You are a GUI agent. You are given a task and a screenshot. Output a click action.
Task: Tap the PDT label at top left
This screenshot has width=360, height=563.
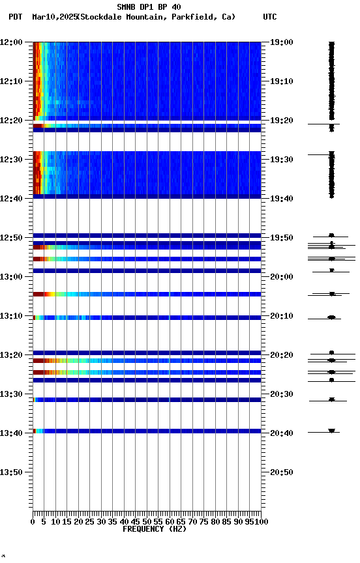pyautogui.click(x=16, y=17)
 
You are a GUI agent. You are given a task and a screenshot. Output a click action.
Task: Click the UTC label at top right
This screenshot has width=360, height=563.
pyautogui.click(x=270, y=17)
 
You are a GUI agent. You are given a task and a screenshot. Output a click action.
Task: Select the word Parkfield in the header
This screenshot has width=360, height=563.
pyautogui.click(x=194, y=17)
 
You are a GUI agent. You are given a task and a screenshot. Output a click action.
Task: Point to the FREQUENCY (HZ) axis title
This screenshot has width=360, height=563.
pyautogui.click(x=154, y=529)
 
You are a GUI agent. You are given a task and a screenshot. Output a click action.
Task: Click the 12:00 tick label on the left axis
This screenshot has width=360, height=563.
pyautogui.click(x=12, y=42)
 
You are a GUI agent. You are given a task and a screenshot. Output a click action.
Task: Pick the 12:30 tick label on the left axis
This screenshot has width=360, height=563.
pyautogui.click(x=12, y=159)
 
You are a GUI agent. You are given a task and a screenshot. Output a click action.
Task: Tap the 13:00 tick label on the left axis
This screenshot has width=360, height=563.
pyautogui.click(x=12, y=276)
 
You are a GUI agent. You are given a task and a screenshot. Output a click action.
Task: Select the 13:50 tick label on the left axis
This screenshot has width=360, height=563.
pyautogui.click(x=12, y=472)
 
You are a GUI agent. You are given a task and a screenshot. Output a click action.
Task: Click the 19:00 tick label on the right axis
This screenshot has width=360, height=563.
pyautogui.click(x=282, y=42)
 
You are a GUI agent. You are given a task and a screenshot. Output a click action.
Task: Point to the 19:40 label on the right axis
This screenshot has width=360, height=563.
pyautogui.click(x=282, y=198)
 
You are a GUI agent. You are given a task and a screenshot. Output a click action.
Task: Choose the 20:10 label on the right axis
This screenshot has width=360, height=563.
pyautogui.click(x=282, y=315)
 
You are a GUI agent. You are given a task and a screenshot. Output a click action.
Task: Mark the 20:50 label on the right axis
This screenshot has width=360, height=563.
pyautogui.click(x=282, y=472)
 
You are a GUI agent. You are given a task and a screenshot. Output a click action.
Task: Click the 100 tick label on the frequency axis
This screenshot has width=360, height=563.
pyautogui.click(x=260, y=521)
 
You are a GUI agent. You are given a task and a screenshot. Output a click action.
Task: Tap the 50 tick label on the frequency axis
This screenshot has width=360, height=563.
pyautogui.click(x=147, y=521)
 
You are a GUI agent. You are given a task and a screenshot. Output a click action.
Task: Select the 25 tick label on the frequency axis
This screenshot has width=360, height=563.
pyautogui.click(x=90, y=521)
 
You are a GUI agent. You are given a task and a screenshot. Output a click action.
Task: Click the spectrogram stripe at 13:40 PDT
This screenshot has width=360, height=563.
pyautogui.click(x=147, y=431)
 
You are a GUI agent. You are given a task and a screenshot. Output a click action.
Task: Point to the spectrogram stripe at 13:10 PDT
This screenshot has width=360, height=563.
pyautogui.click(x=147, y=317)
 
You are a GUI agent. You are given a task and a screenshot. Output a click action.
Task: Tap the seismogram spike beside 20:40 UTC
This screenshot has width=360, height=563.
pyautogui.click(x=331, y=431)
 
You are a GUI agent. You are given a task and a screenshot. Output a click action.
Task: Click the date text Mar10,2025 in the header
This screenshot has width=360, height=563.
pyautogui.click(x=54, y=17)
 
